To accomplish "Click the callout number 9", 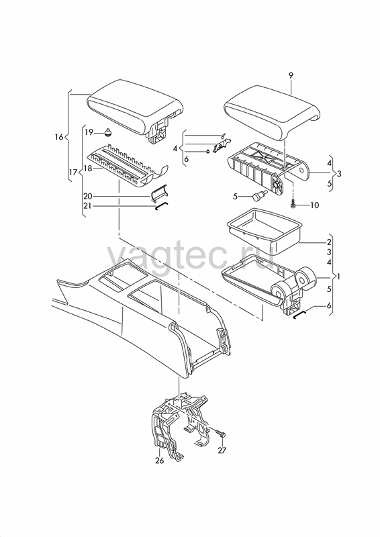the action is [291, 75].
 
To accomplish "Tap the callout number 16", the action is [59, 137].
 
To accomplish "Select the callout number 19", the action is [89, 132].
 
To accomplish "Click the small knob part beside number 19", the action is [109, 132].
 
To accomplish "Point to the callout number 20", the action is [88, 196].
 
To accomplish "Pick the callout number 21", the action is [88, 206].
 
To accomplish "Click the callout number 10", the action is [315, 205].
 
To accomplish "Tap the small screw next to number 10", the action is [293, 203].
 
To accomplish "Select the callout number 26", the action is [159, 460].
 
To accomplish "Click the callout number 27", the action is [222, 450].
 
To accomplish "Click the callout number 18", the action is [88, 168].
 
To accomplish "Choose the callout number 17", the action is [73, 173].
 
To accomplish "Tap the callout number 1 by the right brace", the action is [338, 276].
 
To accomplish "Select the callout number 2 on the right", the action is [329, 242].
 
